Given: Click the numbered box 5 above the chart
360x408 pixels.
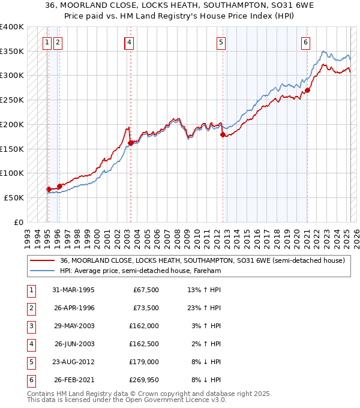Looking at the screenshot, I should [x=221, y=42].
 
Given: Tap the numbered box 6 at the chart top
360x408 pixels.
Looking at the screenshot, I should [x=305, y=42].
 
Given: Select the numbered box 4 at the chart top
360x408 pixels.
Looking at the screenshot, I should [x=130, y=42].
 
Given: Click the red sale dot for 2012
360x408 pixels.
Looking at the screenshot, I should [x=223, y=135].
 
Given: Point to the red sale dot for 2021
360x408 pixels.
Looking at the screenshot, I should [x=307, y=91].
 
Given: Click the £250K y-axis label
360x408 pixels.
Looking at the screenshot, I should [x=12, y=100].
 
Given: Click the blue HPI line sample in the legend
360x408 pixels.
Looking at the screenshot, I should [x=43, y=271].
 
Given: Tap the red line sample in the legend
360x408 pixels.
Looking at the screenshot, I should [x=43, y=261].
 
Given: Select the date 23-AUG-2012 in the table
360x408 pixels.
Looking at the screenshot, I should [x=73, y=362].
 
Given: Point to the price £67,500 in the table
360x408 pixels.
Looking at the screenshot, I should [x=145, y=290].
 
